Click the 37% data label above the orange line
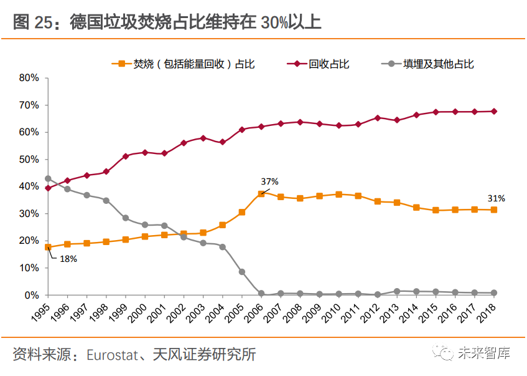pyautogui.click(x=269, y=181)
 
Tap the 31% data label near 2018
pyautogui.click(x=497, y=198)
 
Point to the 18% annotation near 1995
pyautogui.click(x=68, y=258)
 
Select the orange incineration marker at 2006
pyautogui.click(x=261, y=194)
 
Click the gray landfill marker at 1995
pyautogui.click(x=48, y=178)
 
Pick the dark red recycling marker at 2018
pyautogui.click(x=493, y=112)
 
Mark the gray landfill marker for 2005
pyautogui.click(x=242, y=272)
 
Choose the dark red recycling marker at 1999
pyautogui.click(x=126, y=156)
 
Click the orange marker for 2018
pyautogui.click(x=493, y=210)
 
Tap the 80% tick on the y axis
pyautogui.click(x=29, y=78)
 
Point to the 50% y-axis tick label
pyautogui.click(x=29, y=160)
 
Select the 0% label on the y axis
pyautogui.click(x=32, y=295)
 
